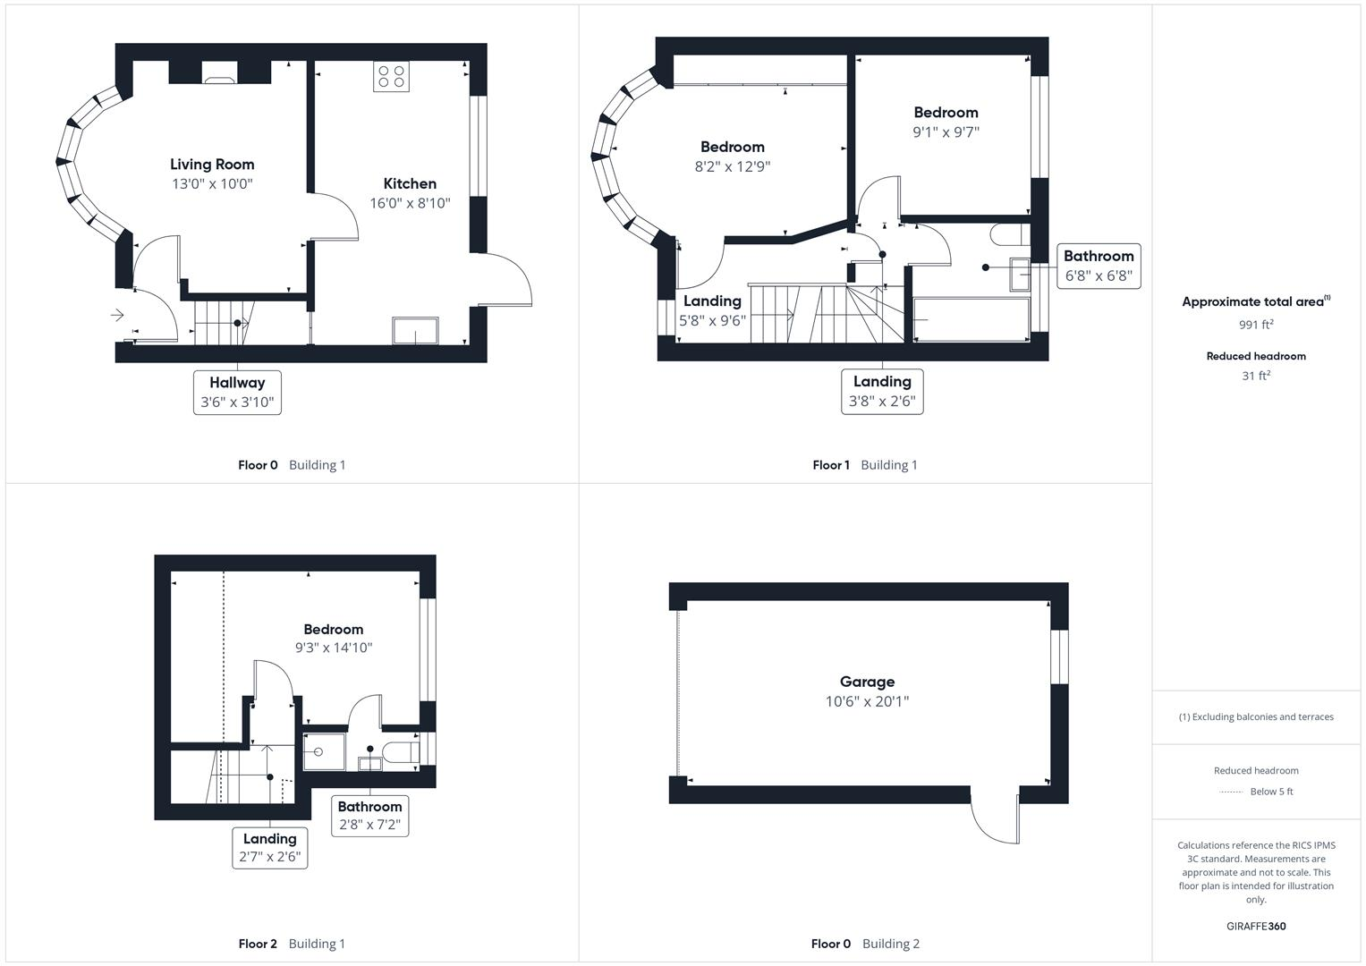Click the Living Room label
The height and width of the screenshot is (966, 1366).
212,165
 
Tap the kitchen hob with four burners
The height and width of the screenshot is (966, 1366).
391,77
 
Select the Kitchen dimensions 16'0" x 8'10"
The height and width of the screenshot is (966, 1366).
410,203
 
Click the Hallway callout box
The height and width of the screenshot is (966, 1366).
237,392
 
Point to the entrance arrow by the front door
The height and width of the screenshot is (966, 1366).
117,315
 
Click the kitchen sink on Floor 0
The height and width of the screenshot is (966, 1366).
416,330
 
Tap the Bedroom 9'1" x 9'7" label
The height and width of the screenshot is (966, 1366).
946,113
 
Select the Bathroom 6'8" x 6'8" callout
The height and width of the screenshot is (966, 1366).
1099,266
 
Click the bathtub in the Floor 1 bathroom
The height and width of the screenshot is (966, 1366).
971,319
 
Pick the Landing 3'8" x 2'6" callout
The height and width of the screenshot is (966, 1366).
882,392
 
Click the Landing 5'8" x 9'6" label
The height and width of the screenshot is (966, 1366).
712,301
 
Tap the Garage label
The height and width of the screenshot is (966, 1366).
867,682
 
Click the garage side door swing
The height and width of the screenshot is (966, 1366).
996,818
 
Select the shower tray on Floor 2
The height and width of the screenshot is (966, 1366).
324,751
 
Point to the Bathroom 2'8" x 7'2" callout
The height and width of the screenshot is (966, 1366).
369,816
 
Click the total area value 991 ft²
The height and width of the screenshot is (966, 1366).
1256,325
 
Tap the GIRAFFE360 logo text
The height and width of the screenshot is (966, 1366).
1256,927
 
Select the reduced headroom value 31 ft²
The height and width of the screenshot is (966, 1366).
1256,376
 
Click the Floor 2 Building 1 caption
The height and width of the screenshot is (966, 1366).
292,944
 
